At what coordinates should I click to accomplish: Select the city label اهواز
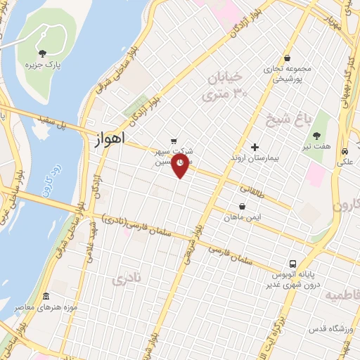click(x=109, y=139)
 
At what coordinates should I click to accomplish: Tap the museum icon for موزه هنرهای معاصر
click(x=46, y=296)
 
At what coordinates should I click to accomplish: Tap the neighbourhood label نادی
click(x=127, y=279)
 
